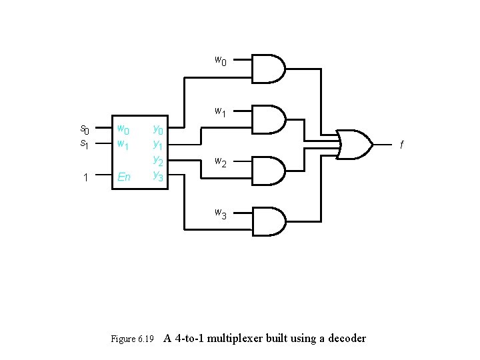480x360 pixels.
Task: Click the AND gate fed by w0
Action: click(x=269, y=68)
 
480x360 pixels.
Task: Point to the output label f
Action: click(x=401, y=143)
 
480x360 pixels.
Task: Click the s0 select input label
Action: click(x=85, y=129)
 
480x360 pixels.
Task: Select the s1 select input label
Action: click(x=85, y=143)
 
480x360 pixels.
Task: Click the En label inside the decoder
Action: click(x=124, y=177)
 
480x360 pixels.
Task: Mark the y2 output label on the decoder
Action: click(x=158, y=160)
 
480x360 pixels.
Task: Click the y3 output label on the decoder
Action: click(x=158, y=176)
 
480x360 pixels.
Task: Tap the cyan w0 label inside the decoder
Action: click(x=124, y=129)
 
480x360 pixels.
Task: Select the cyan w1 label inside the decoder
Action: click(x=124, y=144)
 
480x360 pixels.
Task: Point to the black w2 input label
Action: click(x=220, y=163)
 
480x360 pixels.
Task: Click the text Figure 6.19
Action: click(x=132, y=339)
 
